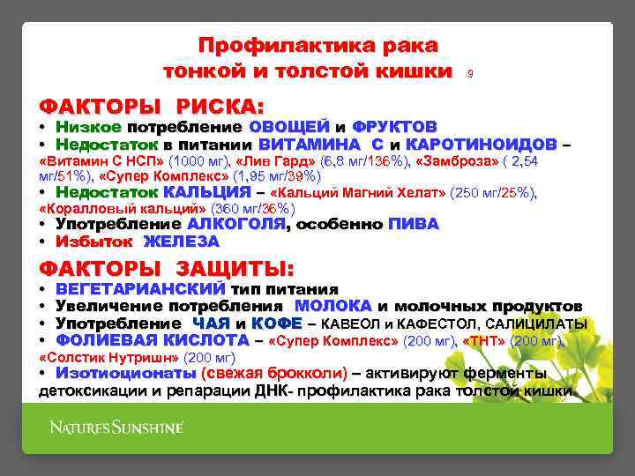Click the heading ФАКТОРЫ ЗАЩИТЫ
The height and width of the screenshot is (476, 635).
169,268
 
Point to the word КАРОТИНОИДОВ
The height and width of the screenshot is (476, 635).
482,144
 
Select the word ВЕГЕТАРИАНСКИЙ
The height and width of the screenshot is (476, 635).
140,289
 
